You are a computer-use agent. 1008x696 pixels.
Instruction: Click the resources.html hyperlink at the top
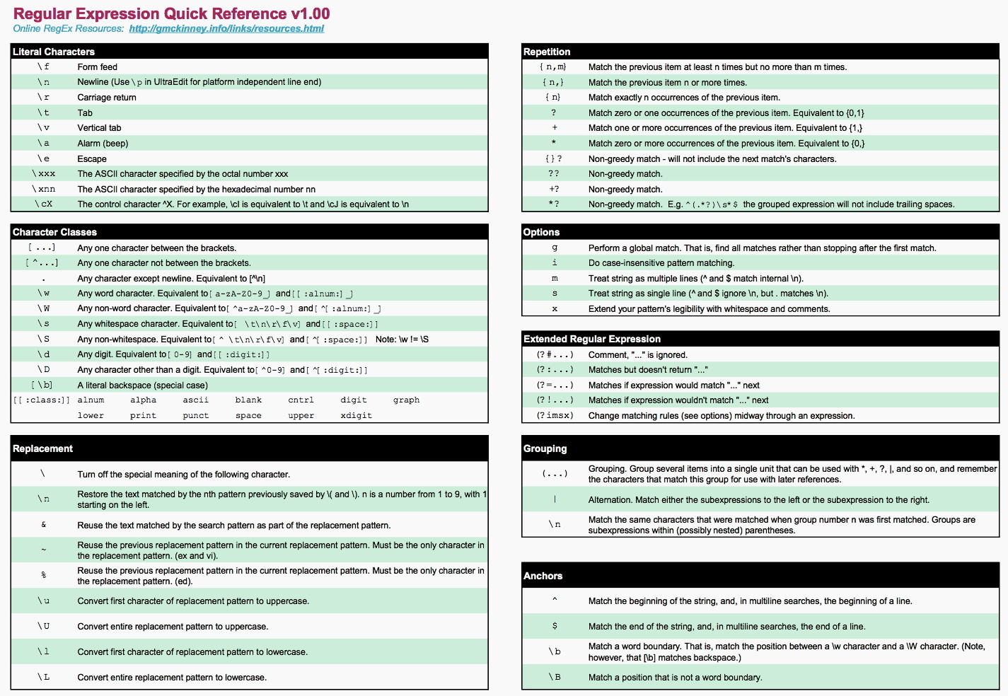[x=226, y=29]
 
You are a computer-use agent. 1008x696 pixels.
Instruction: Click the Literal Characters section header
[x=54, y=52]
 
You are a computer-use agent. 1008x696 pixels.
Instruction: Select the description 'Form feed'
[x=98, y=67]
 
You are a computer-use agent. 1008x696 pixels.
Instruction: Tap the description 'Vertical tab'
[x=99, y=128]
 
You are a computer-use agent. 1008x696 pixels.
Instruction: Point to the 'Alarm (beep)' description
[x=103, y=144]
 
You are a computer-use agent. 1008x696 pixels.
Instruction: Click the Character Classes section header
[x=54, y=232]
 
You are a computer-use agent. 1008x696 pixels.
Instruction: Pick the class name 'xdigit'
[x=356, y=416]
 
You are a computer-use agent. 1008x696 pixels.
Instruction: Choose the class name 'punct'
[x=196, y=416]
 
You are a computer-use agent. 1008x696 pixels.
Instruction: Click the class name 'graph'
[x=406, y=400]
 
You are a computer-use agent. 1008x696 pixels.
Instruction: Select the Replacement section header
[x=42, y=448]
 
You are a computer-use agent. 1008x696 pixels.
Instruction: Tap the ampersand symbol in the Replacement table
[x=43, y=525]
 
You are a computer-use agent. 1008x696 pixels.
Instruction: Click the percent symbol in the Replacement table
[x=43, y=575]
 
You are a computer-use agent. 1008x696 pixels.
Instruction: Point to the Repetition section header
[x=547, y=52]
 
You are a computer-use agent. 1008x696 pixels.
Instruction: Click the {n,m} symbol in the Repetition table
[x=553, y=67]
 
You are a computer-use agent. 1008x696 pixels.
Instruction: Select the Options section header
[x=541, y=232]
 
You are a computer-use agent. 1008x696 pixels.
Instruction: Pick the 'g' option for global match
[x=555, y=248]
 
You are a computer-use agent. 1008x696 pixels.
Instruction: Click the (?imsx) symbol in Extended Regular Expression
[x=555, y=416]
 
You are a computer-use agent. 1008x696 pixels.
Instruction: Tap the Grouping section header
[x=545, y=448]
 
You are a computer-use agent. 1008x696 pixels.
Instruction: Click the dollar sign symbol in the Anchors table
[x=555, y=626]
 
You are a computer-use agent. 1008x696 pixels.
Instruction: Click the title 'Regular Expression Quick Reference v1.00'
[x=171, y=13]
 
